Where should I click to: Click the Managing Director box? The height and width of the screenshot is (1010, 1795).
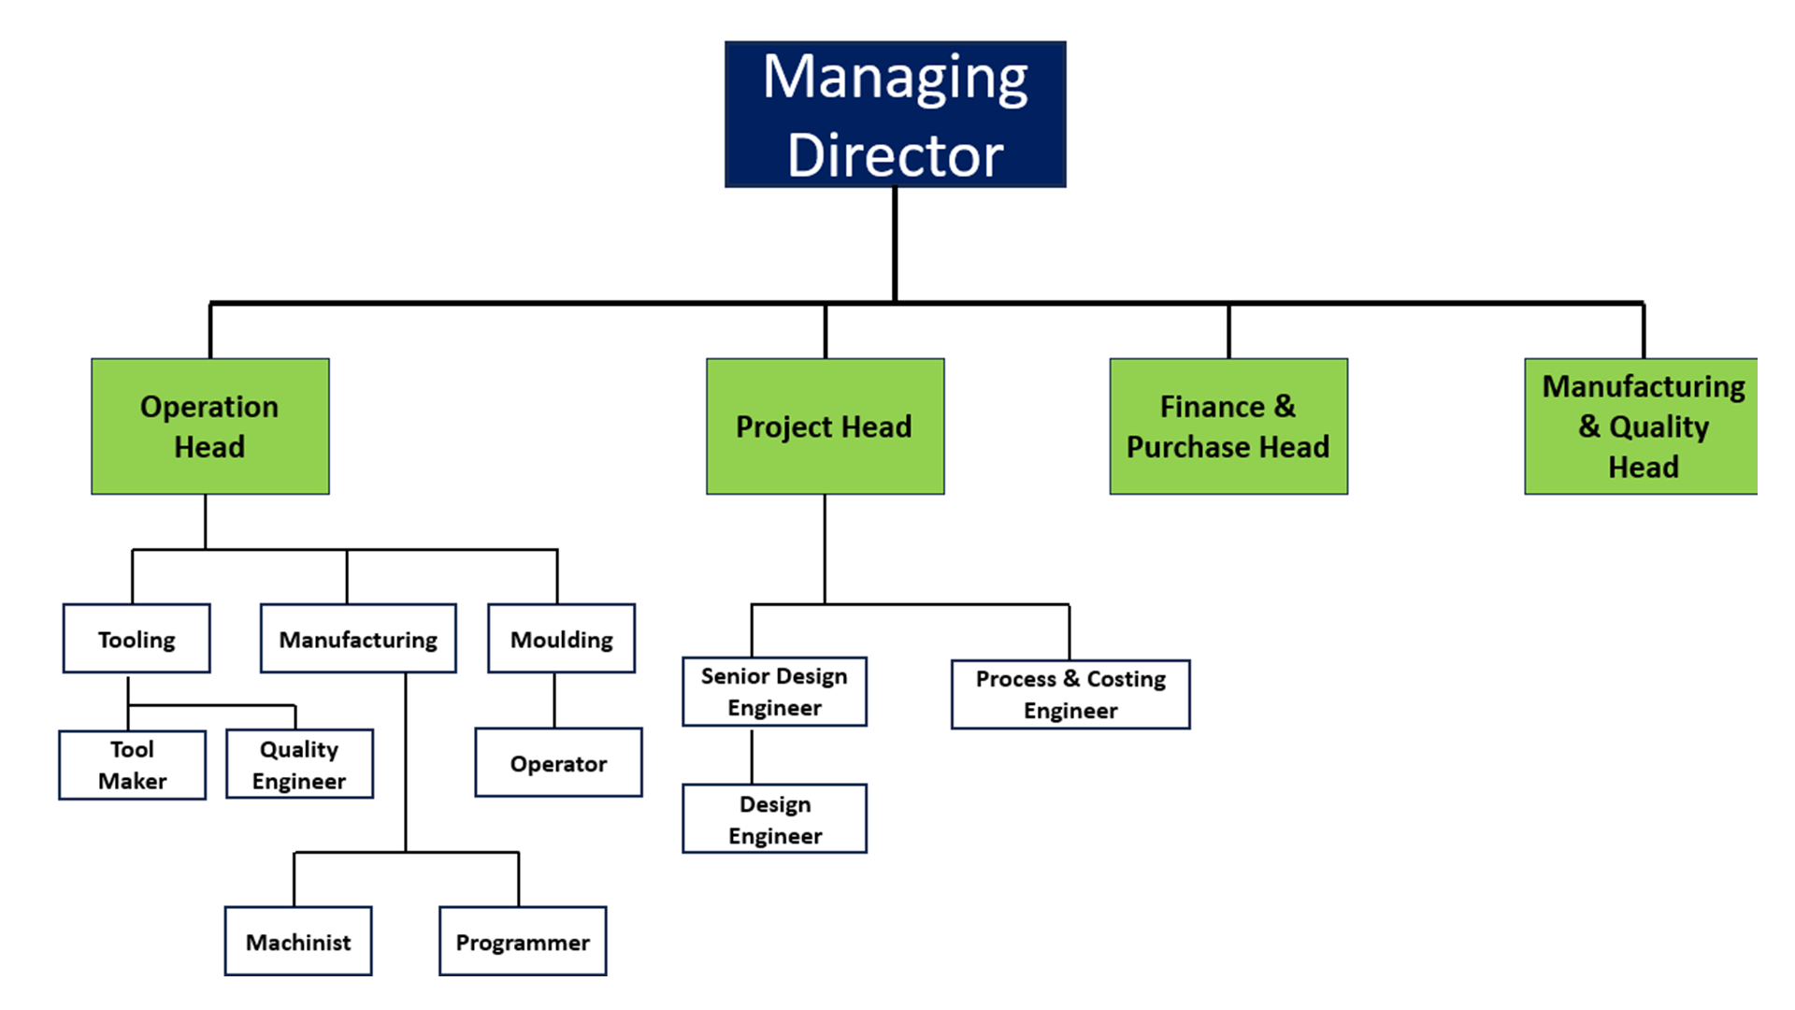[895, 114]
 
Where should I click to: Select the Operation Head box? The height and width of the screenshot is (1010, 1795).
[209, 426]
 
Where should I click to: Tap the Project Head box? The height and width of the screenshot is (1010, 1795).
[825, 426]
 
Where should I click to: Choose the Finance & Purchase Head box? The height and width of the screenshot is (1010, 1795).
[1228, 426]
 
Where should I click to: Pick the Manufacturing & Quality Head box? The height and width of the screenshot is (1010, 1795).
[1641, 426]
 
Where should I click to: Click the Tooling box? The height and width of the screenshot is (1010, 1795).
[136, 639]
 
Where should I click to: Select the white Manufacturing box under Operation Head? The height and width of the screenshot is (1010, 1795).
[358, 639]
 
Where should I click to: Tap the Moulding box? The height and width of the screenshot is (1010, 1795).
[561, 639]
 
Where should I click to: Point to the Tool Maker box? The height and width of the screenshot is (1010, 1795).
[132, 765]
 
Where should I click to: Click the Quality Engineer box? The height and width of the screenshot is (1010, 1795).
[299, 765]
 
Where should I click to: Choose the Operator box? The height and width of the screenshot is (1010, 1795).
[558, 763]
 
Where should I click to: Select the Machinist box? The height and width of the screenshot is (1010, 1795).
[298, 942]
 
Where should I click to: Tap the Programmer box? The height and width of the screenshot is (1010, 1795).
[523, 942]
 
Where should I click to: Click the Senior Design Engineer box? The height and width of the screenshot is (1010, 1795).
[774, 692]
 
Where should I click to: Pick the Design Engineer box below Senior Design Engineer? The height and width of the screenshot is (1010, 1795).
[774, 819]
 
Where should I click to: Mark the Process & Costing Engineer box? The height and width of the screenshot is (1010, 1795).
[1070, 695]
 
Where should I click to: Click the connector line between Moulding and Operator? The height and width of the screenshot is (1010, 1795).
[554, 700]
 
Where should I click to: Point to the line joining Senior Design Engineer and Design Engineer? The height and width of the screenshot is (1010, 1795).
[752, 756]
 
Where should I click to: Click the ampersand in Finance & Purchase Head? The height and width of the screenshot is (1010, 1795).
[1285, 407]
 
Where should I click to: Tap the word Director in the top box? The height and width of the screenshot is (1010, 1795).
[895, 155]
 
